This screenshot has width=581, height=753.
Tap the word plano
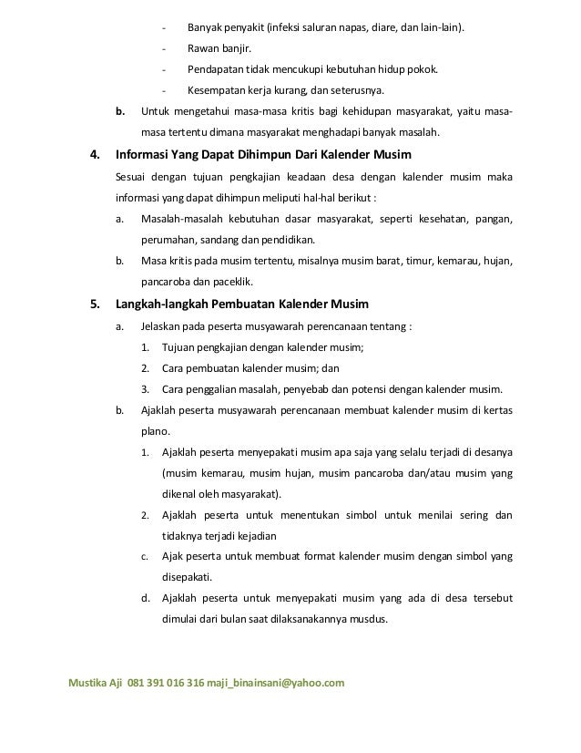tap(154, 432)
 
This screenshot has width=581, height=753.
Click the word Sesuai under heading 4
tap(134, 176)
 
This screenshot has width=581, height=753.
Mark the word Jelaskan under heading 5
tap(161, 326)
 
